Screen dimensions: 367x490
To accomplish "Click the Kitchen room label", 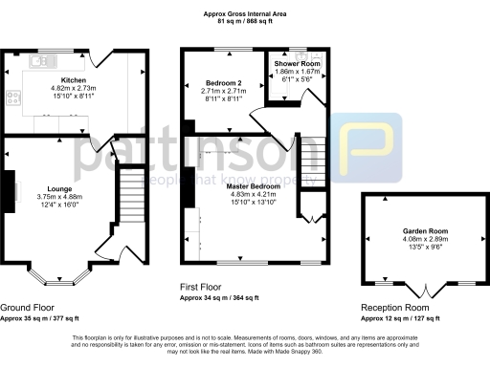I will (x=75, y=78).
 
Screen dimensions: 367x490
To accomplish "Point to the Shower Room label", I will (x=296, y=64).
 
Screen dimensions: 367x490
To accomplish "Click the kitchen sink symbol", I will (x=40, y=61).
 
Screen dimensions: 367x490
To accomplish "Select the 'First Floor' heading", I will (x=208, y=286).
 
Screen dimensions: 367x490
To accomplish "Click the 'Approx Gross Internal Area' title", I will (x=245, y=12).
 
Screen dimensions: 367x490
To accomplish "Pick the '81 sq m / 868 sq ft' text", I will (x=245, y=22).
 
